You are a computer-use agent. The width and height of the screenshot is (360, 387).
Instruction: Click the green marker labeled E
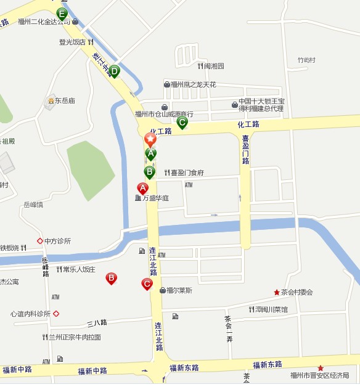[x=62, y=13]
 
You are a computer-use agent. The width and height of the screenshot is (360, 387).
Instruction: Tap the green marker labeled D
[x=114, y=71]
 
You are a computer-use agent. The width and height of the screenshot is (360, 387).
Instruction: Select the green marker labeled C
[x=182, y=122]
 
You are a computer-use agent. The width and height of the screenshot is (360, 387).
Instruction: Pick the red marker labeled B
[x=111, y=278]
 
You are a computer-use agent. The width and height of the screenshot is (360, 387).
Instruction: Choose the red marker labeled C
[x=147, y=284]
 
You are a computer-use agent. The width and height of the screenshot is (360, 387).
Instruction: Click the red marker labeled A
[x=142, y=188]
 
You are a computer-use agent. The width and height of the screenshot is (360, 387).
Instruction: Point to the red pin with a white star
[x=150, y=139]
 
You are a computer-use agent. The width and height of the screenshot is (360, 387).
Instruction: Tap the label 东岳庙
[x=64, y=100]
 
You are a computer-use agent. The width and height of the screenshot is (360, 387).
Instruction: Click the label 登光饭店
[x=72, y=43]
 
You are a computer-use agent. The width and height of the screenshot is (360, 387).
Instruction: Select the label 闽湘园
[x=214, y=66]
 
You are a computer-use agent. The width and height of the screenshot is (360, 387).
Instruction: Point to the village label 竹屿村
[x=306, y=60]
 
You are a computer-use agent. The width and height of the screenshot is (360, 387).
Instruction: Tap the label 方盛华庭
[x=155, y=198]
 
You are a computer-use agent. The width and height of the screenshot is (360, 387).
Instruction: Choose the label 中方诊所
[x=57, y=241]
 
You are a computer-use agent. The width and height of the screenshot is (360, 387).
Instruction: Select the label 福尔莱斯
[x=179, y=290]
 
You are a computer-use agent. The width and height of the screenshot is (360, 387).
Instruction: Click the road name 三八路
[x=97, y=322]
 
